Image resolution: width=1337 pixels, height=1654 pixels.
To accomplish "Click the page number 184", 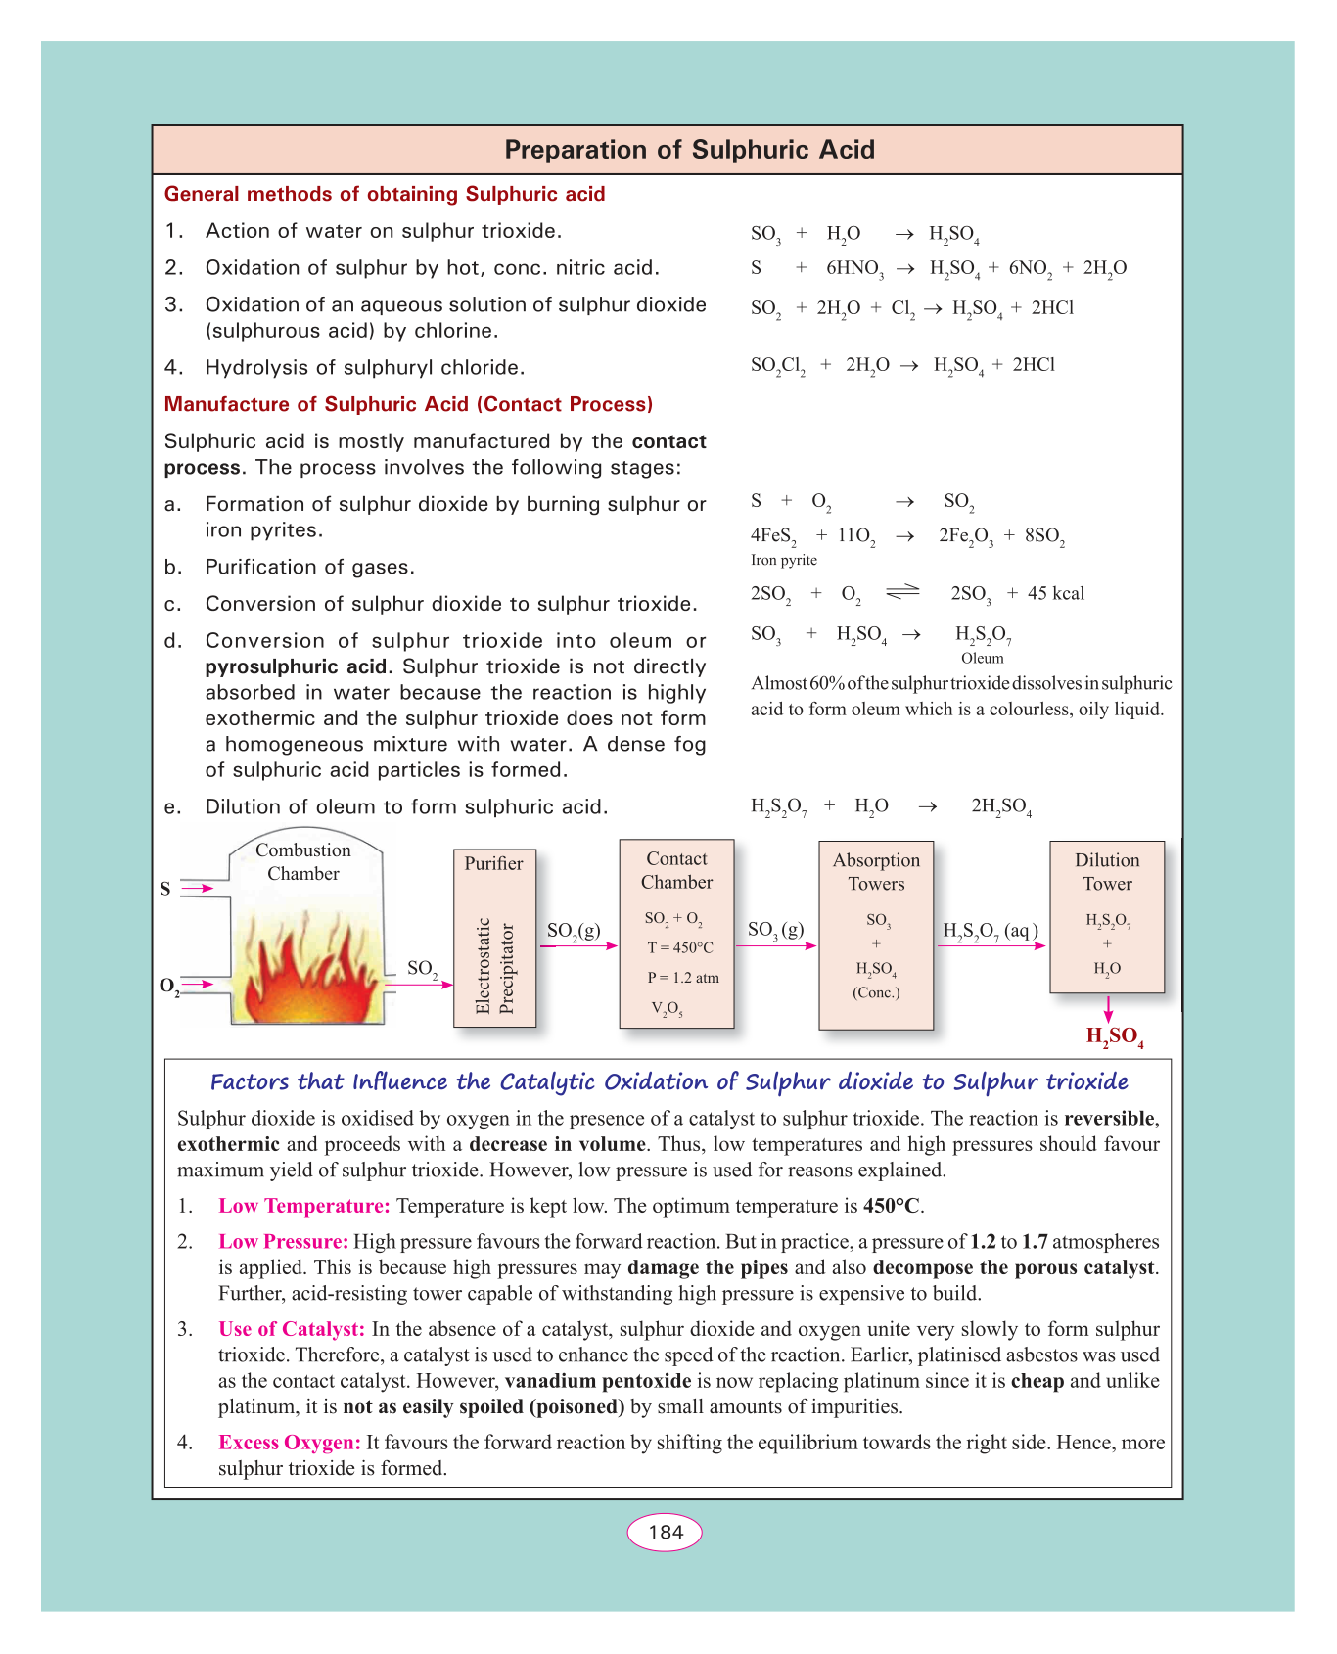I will click(x=666, y=1532).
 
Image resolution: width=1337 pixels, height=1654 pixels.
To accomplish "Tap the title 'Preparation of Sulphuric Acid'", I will click(x=689, y=150).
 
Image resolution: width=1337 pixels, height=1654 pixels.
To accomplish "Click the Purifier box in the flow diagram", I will click(x=494, y=938).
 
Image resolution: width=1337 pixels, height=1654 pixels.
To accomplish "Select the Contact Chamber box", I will click(x=676, y=934).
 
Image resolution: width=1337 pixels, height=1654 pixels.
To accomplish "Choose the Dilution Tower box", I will click(x=1107, y=916).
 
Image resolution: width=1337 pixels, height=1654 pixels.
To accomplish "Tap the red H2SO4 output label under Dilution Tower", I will click(x=1115, y=1037).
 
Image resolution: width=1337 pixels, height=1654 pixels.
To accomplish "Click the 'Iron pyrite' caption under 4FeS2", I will click(x=783, y=560).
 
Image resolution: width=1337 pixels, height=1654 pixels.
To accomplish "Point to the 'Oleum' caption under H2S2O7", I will click(x=982, y=658).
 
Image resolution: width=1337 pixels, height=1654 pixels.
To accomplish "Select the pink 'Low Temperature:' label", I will click(x=304, y=1206).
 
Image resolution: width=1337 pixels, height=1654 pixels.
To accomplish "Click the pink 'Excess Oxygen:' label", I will click(x=290, y=1443).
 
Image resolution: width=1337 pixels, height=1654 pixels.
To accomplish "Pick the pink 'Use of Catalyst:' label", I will click(x=292, y=1329).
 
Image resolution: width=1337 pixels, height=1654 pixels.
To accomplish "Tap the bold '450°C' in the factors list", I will click(x=892, y=1206).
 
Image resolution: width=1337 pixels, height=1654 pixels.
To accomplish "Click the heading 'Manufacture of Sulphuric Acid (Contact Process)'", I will click(x=408, y=404).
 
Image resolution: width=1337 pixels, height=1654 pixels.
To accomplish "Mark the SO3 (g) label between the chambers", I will click(x=775, y=930).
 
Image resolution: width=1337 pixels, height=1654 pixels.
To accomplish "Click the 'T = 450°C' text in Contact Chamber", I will click(x=680, y=947).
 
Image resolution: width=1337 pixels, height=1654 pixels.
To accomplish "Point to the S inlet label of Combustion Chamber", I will click(x=165, y=889).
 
